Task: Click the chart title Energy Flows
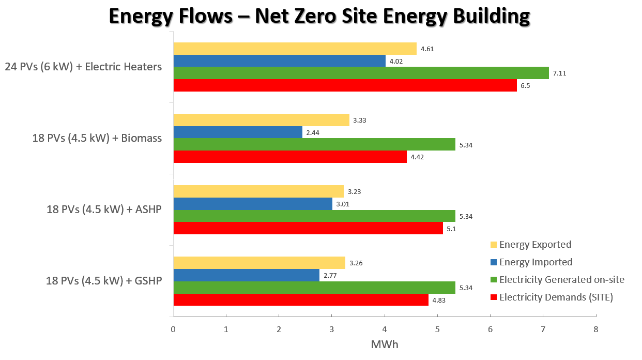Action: tap(320, 16)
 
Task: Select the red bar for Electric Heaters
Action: tap(345, 86)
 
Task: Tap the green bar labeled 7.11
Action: tap(361, 73)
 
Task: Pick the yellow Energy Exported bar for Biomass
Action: tap(261, 120)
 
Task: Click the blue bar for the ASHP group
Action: tap(252, 204)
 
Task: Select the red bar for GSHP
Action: tap(301, 300)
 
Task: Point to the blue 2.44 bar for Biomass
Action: tap(238, 132)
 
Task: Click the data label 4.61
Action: tap(427, 49)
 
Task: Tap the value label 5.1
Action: tap(452, 229)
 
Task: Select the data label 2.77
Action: tap(330, 276)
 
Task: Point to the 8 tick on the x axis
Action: tap(596, 329)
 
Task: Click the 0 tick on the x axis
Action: tap(173, 329)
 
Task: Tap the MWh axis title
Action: tap(385, 344)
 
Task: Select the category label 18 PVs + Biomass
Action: tap(97, 139)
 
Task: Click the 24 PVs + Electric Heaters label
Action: tap(83, 67)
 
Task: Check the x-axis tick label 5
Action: tap(437, 329)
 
